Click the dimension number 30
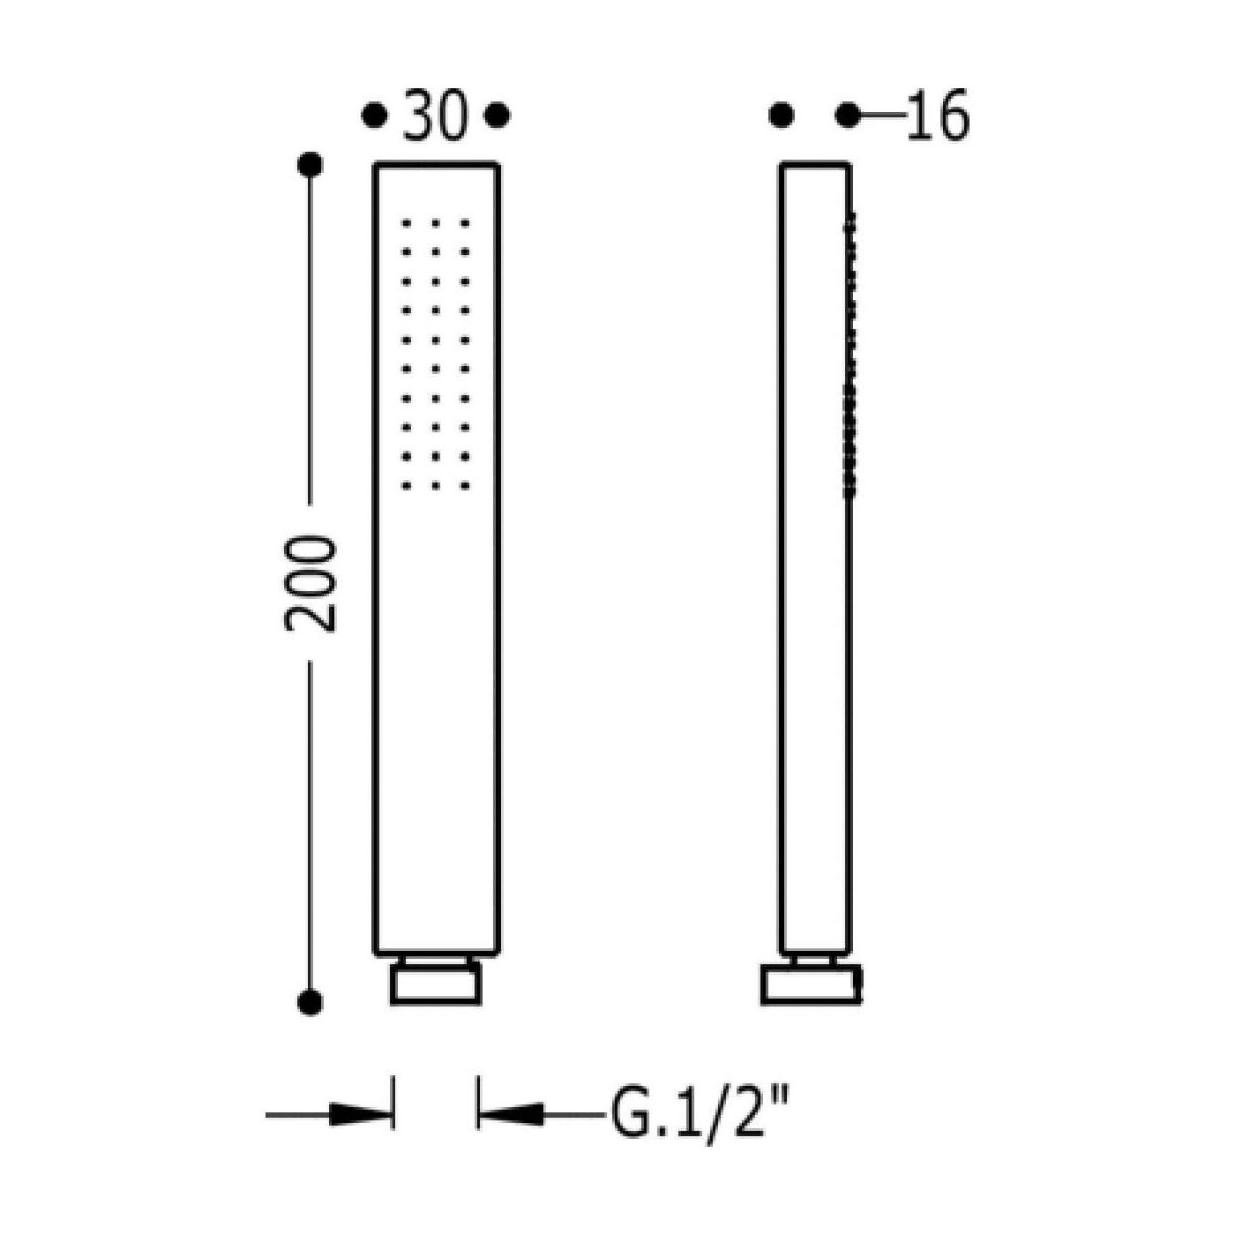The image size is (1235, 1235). tap(435, 116)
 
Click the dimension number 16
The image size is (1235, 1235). tap(936, 116)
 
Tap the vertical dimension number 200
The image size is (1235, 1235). tap(311, 584)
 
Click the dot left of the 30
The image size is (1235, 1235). tap(375, 116)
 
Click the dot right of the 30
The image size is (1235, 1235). tap(497, 116)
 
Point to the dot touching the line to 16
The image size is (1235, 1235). tap(848, 116)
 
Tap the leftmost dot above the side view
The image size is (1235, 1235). tap(782, 116)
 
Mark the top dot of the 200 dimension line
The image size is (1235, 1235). tap(311, 165)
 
